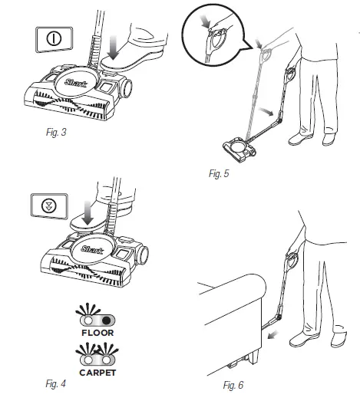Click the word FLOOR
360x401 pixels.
point(97,334)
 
